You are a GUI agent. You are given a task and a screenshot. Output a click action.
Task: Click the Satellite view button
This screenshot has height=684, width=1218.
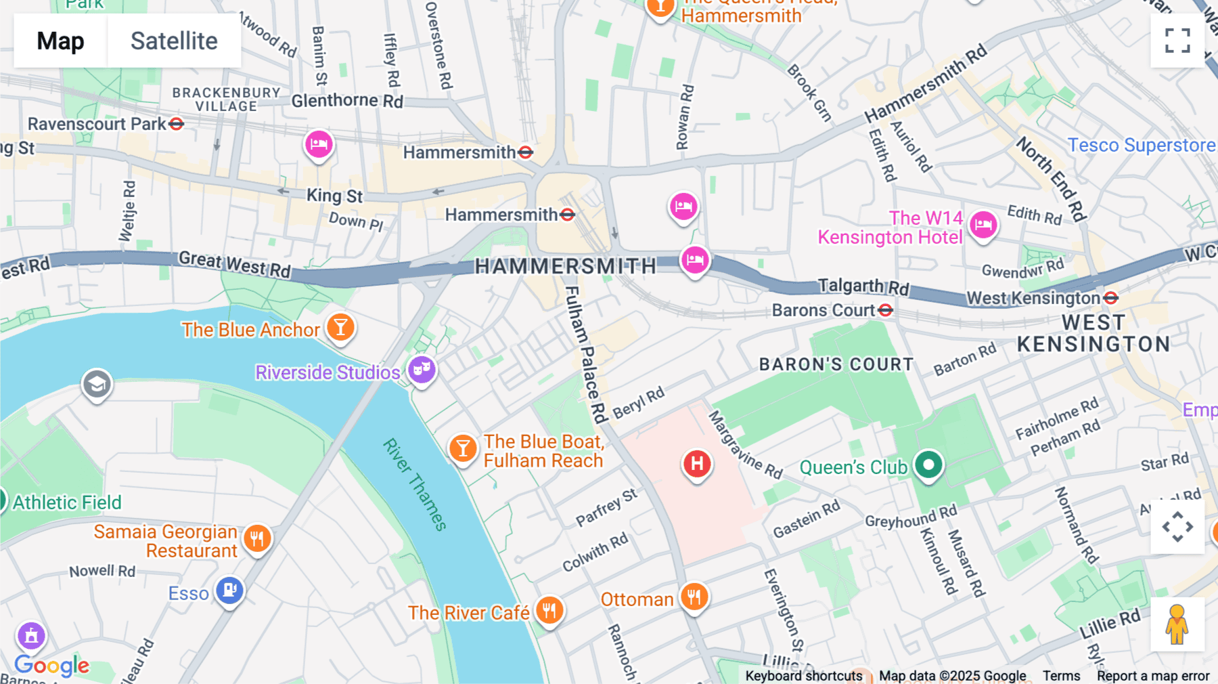174,41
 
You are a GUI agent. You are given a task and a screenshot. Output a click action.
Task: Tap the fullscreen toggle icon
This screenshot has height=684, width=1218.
1177,41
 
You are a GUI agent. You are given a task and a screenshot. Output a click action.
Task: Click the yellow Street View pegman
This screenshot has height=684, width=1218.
1177,624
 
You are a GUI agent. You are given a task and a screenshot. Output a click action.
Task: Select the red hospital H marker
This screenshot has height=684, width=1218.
697,465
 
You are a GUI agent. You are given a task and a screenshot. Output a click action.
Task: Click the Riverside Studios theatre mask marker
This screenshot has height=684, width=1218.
422,370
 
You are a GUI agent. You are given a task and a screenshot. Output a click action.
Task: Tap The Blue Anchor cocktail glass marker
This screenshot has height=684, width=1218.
340,328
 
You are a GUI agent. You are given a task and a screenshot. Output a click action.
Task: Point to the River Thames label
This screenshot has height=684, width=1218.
415,485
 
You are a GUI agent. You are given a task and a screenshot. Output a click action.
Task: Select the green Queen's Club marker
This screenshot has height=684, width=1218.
928,465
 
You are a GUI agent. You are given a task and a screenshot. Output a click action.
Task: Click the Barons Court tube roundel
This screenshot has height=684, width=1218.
886,310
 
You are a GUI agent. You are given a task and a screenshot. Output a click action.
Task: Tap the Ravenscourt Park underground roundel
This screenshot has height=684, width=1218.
177,124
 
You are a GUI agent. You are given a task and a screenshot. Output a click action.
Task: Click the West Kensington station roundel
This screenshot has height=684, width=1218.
1110,298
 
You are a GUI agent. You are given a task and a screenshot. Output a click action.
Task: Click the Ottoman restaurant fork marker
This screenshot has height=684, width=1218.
694,597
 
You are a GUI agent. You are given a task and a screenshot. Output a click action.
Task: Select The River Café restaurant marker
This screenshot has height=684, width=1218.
549,610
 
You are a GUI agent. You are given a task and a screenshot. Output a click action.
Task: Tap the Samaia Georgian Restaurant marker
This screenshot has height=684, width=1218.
257,539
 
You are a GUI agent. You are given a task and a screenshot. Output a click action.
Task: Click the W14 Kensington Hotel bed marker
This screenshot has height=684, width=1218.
983,225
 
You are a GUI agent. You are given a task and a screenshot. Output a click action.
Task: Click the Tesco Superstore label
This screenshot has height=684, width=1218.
1141,146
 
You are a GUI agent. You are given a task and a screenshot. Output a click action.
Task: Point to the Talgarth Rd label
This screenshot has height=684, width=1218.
863,286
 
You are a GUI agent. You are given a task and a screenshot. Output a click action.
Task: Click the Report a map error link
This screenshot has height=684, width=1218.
1153,676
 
